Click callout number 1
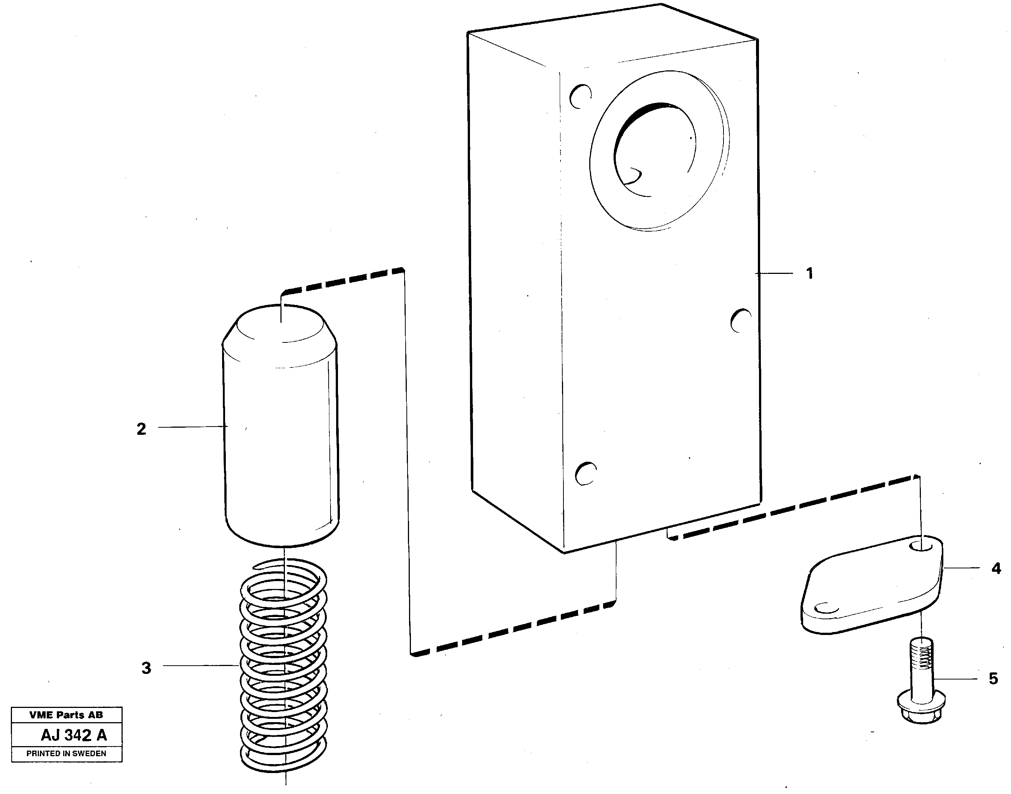(809, 274)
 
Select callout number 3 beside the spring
(146, 668)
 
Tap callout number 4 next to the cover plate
(996, 568)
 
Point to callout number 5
(993, 679)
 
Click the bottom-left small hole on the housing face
(586, 474)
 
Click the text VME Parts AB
(67, 715)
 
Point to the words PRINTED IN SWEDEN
(67, 754)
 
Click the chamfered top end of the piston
(280, 326)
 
